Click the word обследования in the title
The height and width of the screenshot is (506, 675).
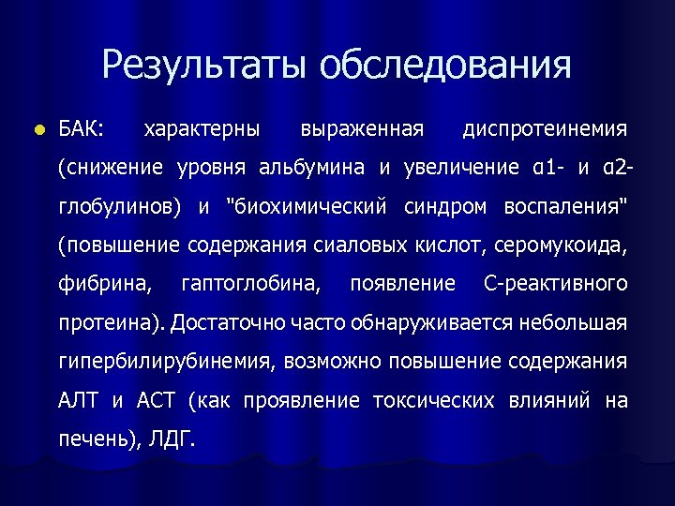pyautogui.click(x=444, y=65)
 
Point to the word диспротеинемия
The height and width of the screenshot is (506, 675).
pyautogui.click(x=545, y=127)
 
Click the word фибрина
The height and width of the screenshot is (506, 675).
pyautogui.click(x=106, y=283)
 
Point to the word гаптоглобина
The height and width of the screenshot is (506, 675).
pyautogui.click(x=249, y=283)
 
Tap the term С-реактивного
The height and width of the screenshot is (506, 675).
pyautogui.click(x=555, y=283)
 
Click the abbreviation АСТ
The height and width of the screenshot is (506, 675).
pyautogui.click(x=156, y=400)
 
